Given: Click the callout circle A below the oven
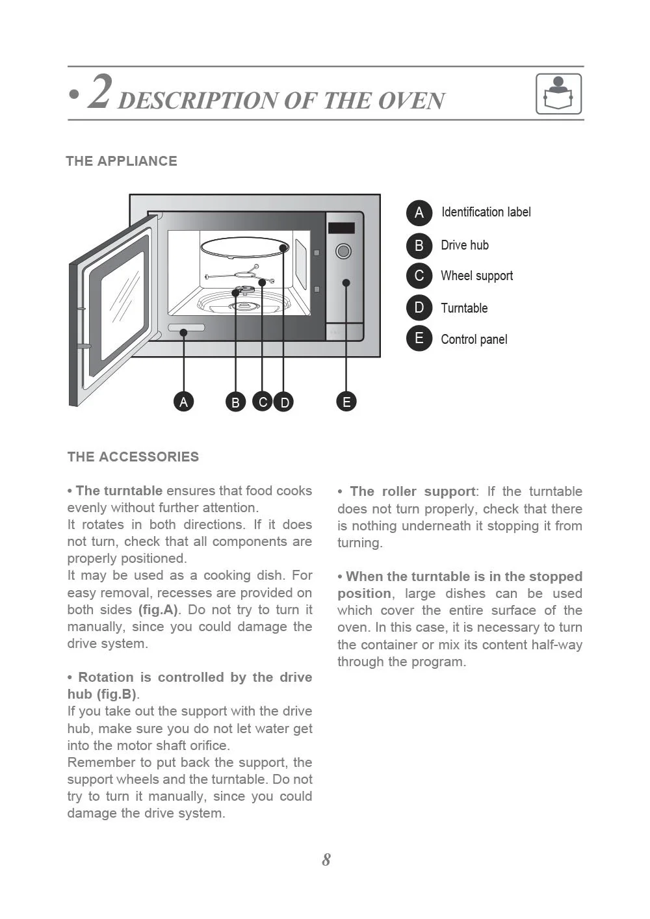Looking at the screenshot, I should [x=184, y=402].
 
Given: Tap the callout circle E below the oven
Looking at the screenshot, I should [x=346, y=402].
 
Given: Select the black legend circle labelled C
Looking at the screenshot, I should [x=419, y=276].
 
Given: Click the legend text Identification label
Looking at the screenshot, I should [x=486, y=213].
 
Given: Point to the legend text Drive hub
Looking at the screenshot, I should [x=464, y=245].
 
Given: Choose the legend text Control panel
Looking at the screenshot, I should [x=474, y=339].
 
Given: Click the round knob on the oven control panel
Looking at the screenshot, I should [x=343, y=251].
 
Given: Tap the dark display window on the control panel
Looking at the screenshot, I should [x=341, y=228].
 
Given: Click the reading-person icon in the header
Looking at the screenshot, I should [x=558, y=94].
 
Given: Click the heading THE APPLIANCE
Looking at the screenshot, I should [x=122, y=161].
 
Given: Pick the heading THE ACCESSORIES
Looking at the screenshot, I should [x=133, y=457].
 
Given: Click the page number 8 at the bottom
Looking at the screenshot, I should [x=326, y=860].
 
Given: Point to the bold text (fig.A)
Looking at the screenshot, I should [x=158, y=610].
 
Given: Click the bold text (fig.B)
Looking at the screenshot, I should [x=116, y=694].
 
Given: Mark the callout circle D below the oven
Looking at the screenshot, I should [x=284, y=402].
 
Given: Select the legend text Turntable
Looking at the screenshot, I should [x=463, y=308].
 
